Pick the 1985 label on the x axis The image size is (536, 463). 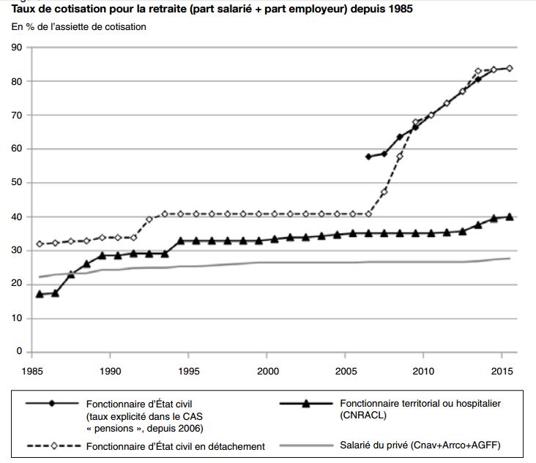[32, 371]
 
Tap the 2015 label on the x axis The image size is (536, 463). [502, 371]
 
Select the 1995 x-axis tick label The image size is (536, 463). [189, 371]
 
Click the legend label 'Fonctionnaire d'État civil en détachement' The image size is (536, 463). [176, 446]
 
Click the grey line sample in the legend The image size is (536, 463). [308, 445]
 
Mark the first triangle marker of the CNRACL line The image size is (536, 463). [40, 293]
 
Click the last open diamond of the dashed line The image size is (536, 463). [510, 68]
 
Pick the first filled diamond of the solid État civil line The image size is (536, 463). [368, 157]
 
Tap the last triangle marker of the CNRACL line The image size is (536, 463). [510, 217]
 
